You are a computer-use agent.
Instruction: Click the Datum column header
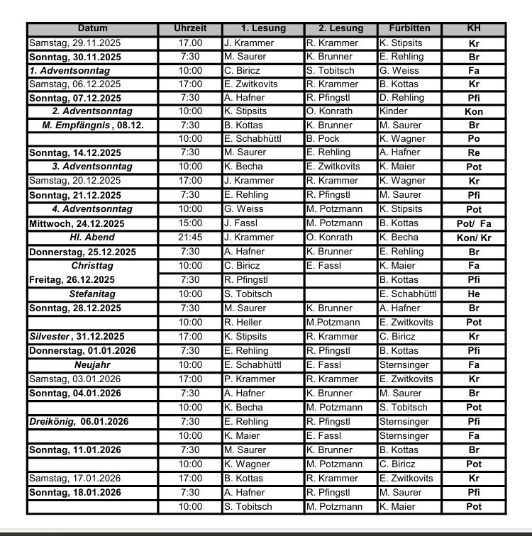click(93, 29)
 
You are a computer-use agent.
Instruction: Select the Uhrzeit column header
click(190, 29)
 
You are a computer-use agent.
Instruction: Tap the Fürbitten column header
click(409, 29)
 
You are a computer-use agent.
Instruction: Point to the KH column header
click(473, 29)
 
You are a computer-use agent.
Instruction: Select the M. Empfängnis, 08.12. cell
click(93, 125)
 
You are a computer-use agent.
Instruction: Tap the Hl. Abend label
click(92, 238)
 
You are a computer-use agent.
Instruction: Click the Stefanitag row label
click(93, 293)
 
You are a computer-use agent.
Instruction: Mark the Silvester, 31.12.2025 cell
click(76, 337)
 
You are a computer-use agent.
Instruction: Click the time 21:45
click(190, 238)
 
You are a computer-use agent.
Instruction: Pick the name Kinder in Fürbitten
click(394, 111)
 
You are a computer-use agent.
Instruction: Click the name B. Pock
click(323, 139)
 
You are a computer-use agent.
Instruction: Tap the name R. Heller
click(243, 323)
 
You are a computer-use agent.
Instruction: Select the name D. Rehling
click(401, 98)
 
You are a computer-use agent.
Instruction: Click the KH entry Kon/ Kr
click(473, 238)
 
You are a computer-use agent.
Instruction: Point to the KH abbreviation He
click(473, 294)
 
